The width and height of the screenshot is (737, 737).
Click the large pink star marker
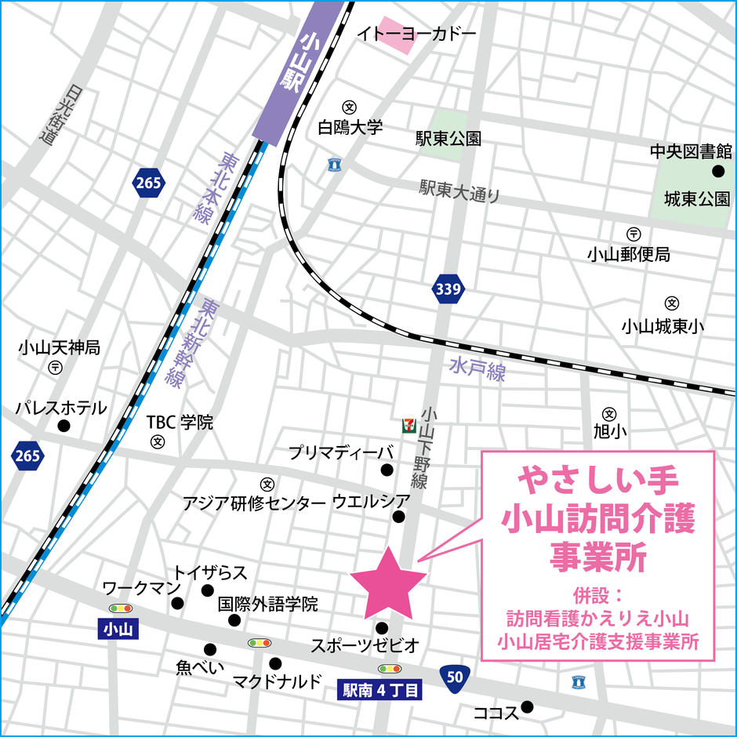(x=388, y=583)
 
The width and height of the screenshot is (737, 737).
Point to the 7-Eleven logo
(x=408, y=423)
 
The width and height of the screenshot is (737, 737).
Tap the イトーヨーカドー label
(x=416, y=34)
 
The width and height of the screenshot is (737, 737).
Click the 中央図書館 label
(x=691, y=151)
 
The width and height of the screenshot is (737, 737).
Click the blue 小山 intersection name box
(x=119, y=629)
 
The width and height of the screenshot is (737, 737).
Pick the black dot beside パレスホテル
(x=64, y=426)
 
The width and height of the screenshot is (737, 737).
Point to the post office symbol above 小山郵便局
(x=633, y=234)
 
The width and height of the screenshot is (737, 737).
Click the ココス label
(x=496, y=713)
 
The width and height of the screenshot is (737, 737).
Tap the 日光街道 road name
(x=53, y=114)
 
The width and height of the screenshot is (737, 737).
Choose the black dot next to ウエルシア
(x=399, y=516)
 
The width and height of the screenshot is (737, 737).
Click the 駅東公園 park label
(x=448, y=139)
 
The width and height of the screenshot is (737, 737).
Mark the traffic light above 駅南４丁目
(x=390, y=669)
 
